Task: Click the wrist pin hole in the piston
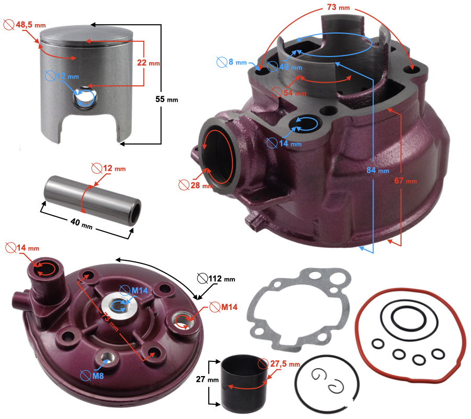[x=84, y=98]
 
